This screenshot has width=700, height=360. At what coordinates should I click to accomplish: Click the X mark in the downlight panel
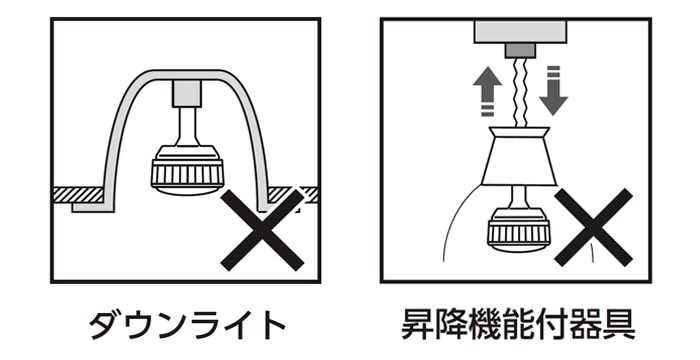click(262, 230)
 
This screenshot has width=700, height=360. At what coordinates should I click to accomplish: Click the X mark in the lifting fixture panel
click(593, 227)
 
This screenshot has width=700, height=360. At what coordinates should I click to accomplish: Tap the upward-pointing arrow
click(488, 91)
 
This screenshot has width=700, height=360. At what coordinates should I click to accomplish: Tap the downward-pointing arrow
click(553, 91)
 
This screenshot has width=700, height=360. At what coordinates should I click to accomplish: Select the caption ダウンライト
click(187, 325)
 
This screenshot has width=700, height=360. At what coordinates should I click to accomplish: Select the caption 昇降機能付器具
click(517, 325)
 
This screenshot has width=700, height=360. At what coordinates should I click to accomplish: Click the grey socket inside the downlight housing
click(187, 94)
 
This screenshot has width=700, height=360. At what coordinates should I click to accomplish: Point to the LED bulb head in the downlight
click(187, 172)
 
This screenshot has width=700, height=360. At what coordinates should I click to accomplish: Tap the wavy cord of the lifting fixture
click(519, 93)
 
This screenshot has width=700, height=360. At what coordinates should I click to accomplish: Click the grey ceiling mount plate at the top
click(520, 31)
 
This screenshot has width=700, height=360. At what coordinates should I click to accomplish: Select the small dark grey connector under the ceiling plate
click(520, 50)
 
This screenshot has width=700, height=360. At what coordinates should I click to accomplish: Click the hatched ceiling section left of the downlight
click(79, 194)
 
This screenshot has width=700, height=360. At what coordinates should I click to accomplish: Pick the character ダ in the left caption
click(106, 325)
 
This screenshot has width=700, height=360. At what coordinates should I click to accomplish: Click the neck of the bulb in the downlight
click(187, 127)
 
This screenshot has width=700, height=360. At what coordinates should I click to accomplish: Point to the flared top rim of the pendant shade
click(519, 132)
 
